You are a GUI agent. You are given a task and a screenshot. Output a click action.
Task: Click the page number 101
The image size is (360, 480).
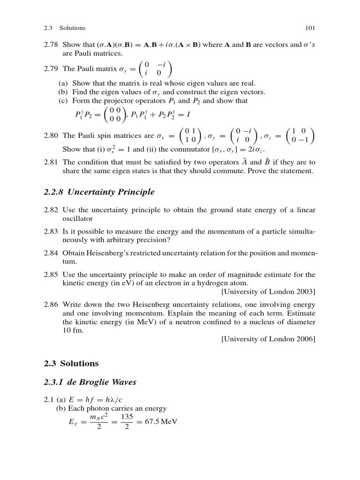click(x=310, y=28)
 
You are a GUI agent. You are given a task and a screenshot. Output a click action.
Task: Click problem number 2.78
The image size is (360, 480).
click(x=51, y=45)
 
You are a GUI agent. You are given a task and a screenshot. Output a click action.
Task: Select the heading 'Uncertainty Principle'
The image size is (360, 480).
click(x=111, y=192)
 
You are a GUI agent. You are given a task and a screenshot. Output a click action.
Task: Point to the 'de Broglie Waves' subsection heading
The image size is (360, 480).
click(x=102, y=382)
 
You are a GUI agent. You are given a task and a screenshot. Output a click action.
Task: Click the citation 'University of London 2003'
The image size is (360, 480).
click(x=268, y=292)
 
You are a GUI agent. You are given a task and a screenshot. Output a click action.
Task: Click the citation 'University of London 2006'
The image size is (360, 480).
click(x=268, y=339)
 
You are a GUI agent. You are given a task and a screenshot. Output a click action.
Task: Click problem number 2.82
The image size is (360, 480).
click(x=51, y=210)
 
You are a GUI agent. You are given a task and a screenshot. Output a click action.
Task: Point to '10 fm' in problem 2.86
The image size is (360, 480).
click(x=72, y=330)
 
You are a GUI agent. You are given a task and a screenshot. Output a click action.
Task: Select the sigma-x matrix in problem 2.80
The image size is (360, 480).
click(x=191, y=136)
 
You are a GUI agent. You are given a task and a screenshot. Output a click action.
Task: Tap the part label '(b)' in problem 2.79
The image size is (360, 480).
click(x=61, y=92)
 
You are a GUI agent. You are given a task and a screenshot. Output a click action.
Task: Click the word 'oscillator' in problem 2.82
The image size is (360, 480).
click(x=78, y=218)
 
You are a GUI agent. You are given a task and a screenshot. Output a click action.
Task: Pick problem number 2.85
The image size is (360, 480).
click(x=51, y=274)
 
